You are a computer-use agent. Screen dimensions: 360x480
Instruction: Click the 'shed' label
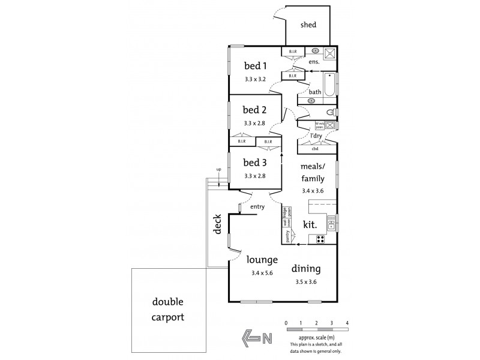tap(308, 25)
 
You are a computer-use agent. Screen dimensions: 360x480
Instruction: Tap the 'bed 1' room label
tap(254, 65)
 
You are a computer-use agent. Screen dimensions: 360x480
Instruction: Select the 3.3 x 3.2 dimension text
tap(254, 79)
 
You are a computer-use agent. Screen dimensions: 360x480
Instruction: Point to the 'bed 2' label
tap(254, 110)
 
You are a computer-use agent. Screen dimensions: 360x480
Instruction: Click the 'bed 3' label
tap(254, 162)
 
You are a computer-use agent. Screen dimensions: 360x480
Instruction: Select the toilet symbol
tap(331, 113)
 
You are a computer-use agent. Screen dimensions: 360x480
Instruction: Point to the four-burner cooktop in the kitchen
tap(321, 239)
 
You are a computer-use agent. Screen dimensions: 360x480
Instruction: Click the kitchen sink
tap(331, 224)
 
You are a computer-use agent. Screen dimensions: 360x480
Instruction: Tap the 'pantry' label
tap(288, 238)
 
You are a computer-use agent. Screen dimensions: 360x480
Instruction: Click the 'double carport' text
tap(167, 309)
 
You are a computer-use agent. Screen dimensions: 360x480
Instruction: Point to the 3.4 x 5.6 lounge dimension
tap(262, 274)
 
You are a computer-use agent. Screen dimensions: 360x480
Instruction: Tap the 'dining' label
tap(306, 269)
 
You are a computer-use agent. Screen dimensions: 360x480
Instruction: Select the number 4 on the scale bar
tap(347, 323)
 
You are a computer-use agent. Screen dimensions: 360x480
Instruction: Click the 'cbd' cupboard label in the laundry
tap(315, 148)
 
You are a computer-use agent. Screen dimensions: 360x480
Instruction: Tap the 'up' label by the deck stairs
tap(219, 170)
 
